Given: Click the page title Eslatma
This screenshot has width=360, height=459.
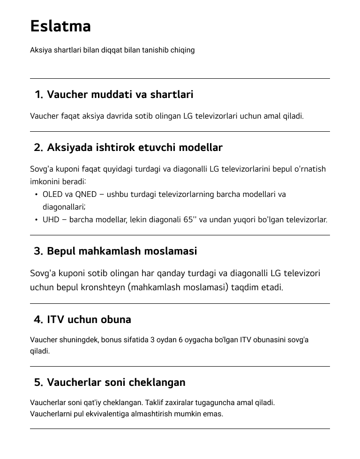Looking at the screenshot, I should click(60, 26).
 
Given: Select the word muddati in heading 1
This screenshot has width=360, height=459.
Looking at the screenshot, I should click(112, 95).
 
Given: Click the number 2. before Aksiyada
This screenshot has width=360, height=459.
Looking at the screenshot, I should click(38, 148).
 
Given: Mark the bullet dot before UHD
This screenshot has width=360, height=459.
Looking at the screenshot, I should click(36, 220).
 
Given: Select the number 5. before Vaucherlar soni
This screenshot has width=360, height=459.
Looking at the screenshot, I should click(38, 383).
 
